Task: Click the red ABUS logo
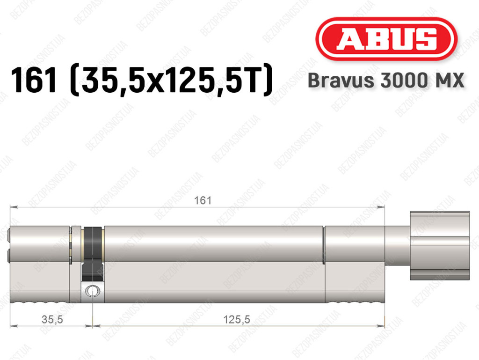click(386, 39)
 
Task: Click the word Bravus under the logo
click(341, 80)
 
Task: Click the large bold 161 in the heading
click(34, 80)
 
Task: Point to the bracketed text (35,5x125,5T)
click(171, 80)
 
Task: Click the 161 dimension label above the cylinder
click(203, 200)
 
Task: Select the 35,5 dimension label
click(52, 319)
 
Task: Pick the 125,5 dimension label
click(237, 319)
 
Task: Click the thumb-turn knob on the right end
click(440, 245)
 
